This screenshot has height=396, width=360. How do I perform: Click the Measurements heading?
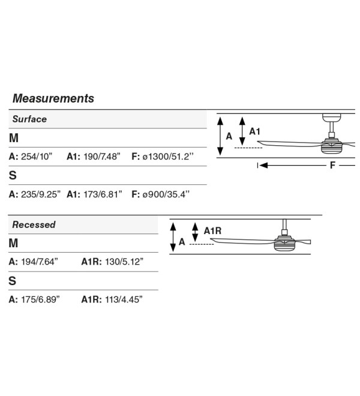point(53,98)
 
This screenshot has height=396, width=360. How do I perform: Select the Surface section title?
point(29,119)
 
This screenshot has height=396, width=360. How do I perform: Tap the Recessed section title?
point(34,224)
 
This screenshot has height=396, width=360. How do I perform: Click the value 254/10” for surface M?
point(37,157)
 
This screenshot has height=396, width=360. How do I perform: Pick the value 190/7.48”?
point(102,157)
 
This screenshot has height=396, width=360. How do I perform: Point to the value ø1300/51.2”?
point(168,157)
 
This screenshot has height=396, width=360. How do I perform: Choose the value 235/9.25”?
point(41,194)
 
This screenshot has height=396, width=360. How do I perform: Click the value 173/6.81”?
point(103,194)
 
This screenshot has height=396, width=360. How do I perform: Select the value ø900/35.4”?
point(166,194)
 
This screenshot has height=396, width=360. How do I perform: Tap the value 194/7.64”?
point(40,262)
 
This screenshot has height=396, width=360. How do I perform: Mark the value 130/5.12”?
point(124,262)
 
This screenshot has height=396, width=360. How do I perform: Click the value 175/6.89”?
point(40,299)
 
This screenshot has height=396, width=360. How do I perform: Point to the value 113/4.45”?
point(124,299)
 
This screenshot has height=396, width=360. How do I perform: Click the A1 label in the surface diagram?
point(254,131)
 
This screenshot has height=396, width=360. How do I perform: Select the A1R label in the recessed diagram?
point(212,231)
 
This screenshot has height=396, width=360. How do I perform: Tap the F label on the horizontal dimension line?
point(333,166)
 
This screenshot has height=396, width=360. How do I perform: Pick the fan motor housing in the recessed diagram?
point(284,243)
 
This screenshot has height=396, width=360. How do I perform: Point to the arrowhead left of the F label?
point(263,166)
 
